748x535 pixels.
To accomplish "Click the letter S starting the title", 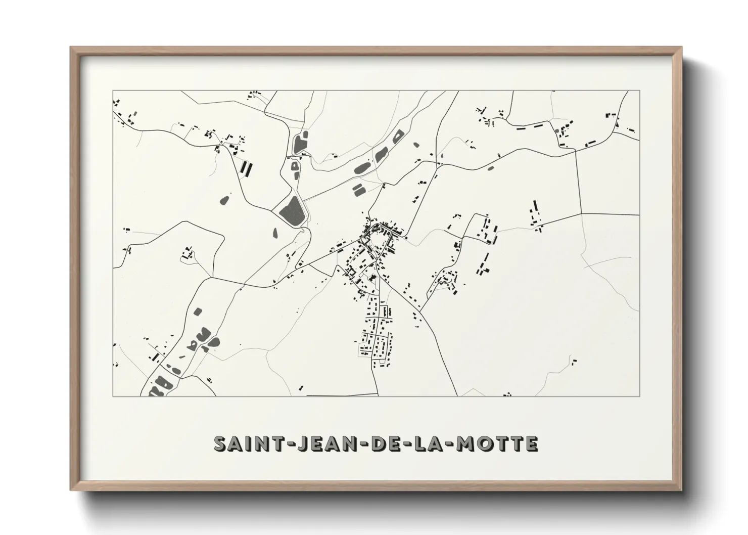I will (220, 443).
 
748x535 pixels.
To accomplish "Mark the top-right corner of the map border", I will (640, 91).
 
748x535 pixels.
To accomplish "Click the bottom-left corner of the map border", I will (113, 395).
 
